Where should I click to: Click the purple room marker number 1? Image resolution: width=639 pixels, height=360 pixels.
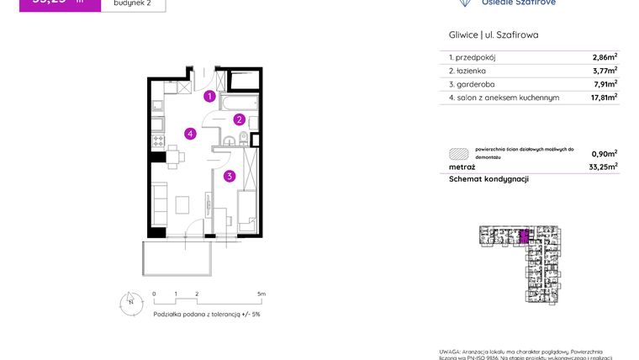(209, 96)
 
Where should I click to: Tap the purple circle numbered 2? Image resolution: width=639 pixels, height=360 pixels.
(239, 119)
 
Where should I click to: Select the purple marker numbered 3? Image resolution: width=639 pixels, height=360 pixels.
(229, 176)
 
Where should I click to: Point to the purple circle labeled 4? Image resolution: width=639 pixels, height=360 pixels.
(192, 133)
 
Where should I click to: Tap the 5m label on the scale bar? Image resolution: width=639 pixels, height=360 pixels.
(261, 294)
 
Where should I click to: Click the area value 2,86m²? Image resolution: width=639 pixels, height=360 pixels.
(605, 58)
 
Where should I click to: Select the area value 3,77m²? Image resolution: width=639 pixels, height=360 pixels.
(605, 71)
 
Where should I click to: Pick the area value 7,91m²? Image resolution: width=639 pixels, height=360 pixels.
(605, 84)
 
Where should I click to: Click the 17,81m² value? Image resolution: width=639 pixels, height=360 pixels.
(603, 98)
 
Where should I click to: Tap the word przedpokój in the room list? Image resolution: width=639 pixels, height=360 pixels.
(477, 58)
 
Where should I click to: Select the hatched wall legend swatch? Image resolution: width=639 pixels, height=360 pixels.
(458, 153)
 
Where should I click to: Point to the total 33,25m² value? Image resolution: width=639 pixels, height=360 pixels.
(603, 167)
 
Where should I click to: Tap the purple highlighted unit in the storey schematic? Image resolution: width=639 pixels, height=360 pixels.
(525, 236)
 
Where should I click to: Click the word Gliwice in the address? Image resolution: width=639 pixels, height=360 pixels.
(462, 35)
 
